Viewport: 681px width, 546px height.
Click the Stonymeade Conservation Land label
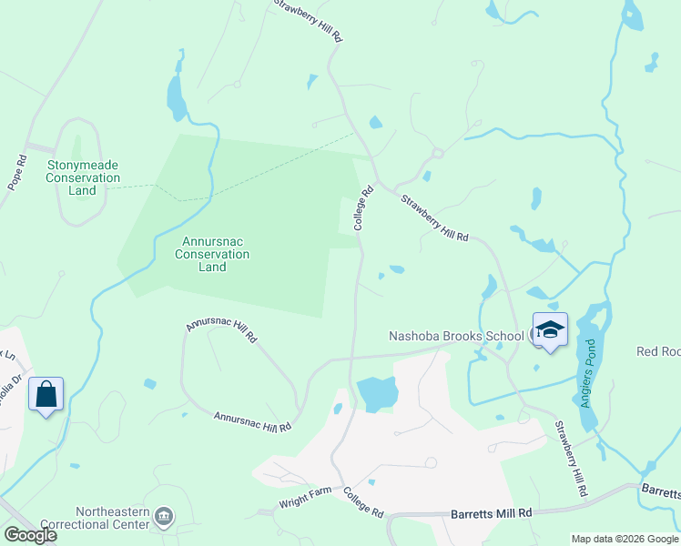pyautogui.click(x=82, y=177)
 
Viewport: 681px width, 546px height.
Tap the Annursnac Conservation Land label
pyautogui.click(x=212, y=254)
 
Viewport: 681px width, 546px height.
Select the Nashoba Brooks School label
pyautogui.click(x=456, y=336)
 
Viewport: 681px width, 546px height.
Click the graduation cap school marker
pyautogui.click(x=550, y=330)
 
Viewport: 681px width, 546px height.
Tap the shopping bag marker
pyautogui.click(x=46, y=395)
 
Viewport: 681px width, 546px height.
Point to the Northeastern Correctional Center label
pyautogui.click(x=100, y=518)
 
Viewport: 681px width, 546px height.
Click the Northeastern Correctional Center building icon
pyautogui.click(x=165, y=517)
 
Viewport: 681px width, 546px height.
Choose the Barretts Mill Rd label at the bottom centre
pyautogui.click(x=491, y=514)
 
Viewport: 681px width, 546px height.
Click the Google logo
pyautogui.click(x=29, y=535)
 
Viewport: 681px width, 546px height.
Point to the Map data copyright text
pyautogui.click(x=624, y=539)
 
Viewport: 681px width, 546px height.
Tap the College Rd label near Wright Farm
pyautogui.click(x=363, y=501)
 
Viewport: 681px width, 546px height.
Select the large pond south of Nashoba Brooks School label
pyautogui.click(x=377, y=394)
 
